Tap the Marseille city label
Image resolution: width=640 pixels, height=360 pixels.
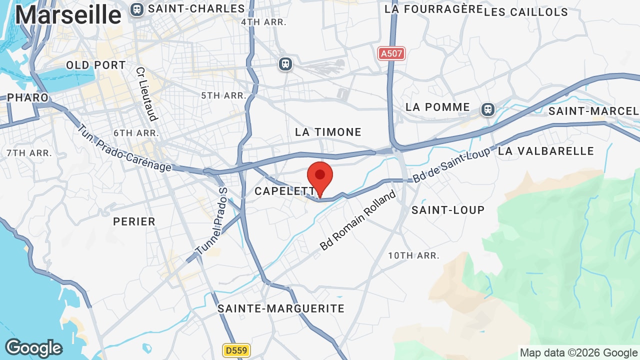(68, 15)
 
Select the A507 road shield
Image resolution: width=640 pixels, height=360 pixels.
(391, 53)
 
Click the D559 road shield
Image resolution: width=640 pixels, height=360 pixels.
(236, 350)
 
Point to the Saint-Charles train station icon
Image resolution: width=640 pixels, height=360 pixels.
(136, 9)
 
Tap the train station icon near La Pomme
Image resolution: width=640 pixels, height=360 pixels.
(488, 109)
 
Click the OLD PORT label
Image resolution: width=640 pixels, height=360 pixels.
(96, 65)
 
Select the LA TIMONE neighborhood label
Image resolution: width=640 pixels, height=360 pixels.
(328, 132)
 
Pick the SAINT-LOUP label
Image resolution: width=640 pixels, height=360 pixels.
(448, 210)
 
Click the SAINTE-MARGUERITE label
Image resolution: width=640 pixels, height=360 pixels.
(281, 308)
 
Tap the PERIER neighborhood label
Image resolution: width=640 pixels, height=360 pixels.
(134, 221)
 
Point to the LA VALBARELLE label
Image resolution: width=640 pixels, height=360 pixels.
(546, 151)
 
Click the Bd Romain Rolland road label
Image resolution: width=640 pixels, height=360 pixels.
(358, 220)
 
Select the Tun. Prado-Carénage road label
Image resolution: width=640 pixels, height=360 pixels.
(124, 148)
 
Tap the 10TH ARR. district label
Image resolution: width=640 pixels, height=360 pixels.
(413, 255)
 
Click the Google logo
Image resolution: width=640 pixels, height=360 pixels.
(33, 348)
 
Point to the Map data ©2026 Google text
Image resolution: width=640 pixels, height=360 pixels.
(578, 352)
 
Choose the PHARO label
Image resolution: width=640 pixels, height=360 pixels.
(28, 97)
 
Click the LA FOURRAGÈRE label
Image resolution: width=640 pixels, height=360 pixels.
(433, 9)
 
